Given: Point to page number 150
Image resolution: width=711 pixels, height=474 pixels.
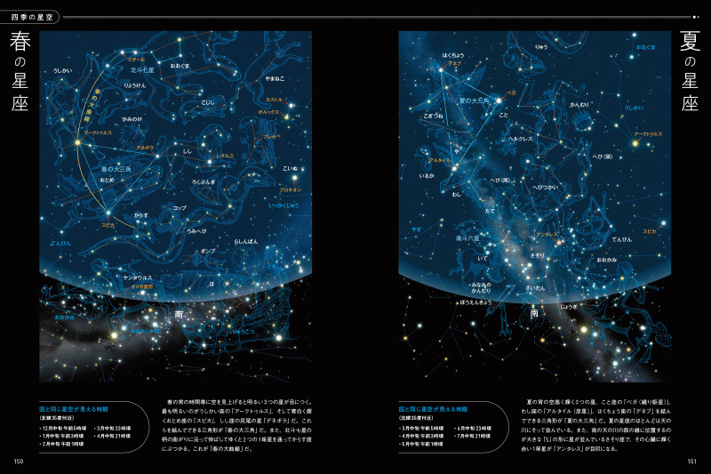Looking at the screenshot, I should [18, 460].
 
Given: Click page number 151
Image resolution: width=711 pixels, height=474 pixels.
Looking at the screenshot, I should [691, 460].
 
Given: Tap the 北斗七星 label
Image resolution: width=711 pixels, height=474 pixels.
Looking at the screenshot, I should [142, 68].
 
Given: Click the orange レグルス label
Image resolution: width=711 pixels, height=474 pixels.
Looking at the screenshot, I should [224, 156].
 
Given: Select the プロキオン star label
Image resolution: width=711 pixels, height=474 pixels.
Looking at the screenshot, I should [291, 189].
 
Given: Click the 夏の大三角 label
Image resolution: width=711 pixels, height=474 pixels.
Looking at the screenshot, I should [474, 100].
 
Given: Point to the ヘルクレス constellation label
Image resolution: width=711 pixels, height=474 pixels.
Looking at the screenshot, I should [520, 139].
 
